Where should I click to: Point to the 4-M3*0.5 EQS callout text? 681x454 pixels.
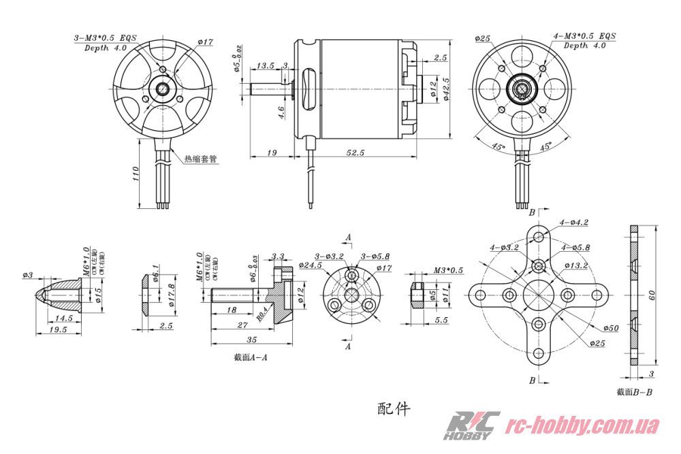point(585,35)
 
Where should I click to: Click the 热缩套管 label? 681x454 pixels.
point(200,159)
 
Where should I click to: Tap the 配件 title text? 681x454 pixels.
point(394,408)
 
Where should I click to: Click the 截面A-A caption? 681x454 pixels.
point(249,357)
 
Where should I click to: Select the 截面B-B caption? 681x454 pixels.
point(634,391)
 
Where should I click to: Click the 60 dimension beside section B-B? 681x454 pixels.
point(651,295)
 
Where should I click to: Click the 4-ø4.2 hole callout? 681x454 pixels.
point(573,222)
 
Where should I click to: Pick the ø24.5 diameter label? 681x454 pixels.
point(311,265)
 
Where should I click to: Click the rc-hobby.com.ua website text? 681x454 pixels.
point(584,426)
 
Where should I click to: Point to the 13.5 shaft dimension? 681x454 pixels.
point(265,66)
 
